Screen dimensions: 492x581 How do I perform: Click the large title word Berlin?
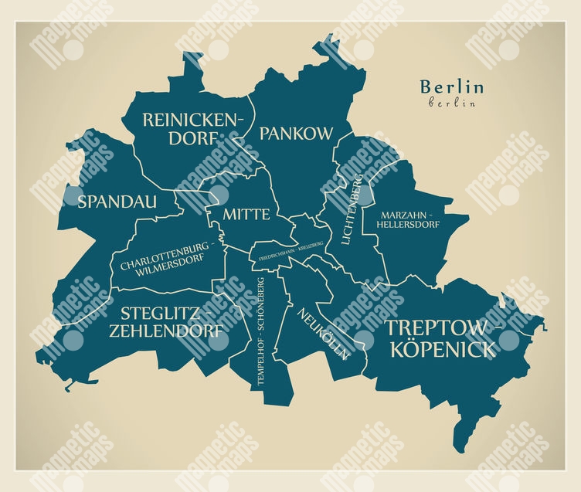click(451, 87)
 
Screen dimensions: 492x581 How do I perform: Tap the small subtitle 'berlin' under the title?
click(451, 102)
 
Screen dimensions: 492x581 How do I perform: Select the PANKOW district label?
click(296, 134)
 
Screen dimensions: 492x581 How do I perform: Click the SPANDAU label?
click(117, 202)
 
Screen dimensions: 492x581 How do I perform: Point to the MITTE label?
click(246, 214)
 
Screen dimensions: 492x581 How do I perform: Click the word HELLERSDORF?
click(407, 225)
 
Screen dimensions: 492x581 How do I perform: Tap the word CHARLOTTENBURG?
click(164, 248)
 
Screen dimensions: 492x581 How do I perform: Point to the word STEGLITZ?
click(161, 314)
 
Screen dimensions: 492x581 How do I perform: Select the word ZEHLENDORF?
click(168, 332)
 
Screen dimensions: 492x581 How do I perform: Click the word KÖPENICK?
click(443, 349)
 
